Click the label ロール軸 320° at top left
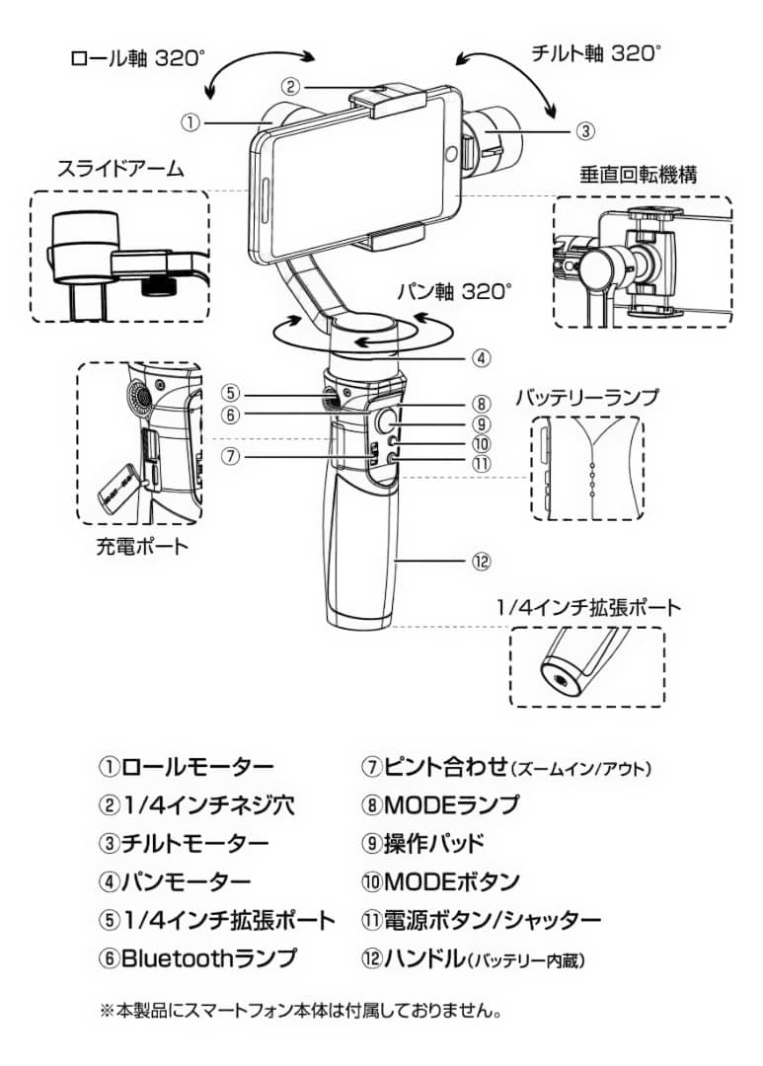point(137,57)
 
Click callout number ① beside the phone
point(191,123)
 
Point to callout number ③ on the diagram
point(584,129)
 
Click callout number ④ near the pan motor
point(481,358)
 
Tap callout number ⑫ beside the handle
point(481,561)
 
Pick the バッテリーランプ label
point(586,398)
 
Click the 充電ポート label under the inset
point(141,545)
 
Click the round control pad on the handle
point(387,421)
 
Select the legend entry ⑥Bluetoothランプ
point(197,956)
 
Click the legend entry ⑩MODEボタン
point(440,880)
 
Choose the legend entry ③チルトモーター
point(184,843)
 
